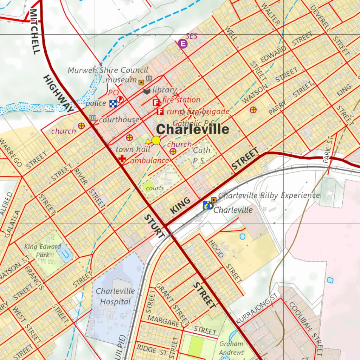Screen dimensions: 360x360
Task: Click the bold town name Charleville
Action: tap(192, 129)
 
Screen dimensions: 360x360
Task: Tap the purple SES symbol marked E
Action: tap(182, 44)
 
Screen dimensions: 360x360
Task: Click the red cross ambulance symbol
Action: tap(122, 159)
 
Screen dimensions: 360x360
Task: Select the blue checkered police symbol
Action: tap(113, 103)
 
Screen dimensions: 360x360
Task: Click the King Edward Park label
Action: tap(43, 250)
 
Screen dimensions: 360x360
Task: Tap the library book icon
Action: tap(147, 91)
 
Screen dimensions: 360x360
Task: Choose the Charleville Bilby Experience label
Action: tap(269, 195)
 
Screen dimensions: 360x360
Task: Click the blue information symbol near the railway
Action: tap(207, 205)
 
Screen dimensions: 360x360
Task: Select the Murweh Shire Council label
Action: tap(103, 70)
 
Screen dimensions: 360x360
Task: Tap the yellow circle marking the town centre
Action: tap(156, 141)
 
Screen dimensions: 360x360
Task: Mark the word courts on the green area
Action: tap(155, 188)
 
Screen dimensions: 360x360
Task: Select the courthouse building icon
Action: tap(92, 118)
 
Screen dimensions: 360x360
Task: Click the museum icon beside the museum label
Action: tap(149, 78)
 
